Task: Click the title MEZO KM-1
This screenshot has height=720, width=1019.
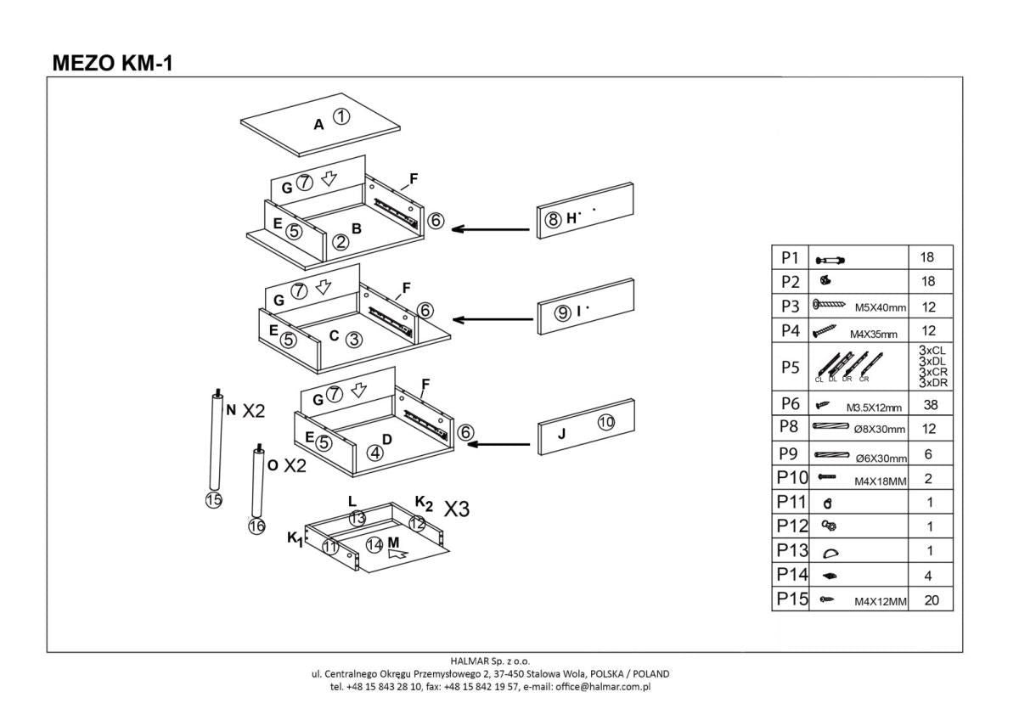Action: point(113,62)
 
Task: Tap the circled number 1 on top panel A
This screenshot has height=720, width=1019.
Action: point(341,117)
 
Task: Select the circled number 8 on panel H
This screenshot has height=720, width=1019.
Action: point(553,219)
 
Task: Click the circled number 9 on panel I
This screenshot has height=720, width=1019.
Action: point(562,312)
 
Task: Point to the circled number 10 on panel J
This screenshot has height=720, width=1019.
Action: point(605,421)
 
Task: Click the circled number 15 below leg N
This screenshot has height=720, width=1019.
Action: point(213,499)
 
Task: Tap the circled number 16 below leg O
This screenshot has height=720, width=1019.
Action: point(256,526)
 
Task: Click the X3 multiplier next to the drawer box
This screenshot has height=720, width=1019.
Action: point(457,509)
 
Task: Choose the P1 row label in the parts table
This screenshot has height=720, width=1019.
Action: point(791,257)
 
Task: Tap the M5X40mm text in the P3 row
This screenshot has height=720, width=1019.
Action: point(875,307)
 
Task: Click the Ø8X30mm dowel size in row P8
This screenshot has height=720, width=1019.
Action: point(880,429)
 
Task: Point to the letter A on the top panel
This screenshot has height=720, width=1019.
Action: point(318,125)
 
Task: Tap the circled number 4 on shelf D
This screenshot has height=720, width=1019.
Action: point(374,453)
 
